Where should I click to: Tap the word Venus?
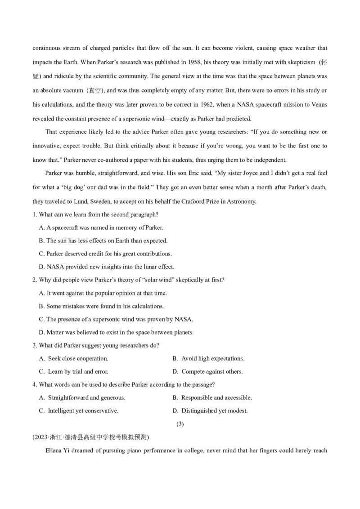click(x=318, y=105)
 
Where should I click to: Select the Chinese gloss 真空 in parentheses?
click(x=95, y=91)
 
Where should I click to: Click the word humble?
click(x=84, y=173)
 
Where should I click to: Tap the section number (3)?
click(x=180, y=424)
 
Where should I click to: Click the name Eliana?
click(x=54, y=450)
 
